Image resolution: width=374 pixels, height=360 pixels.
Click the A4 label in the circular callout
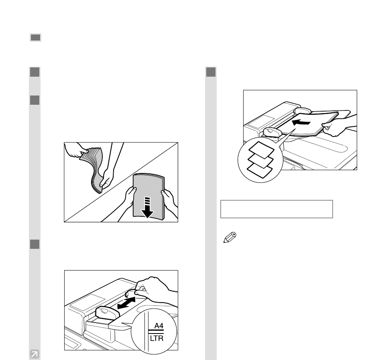(x=159, y=325)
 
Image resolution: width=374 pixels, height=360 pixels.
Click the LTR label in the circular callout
(x=157, y=338)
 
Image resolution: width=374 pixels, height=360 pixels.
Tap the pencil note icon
(x=230, y=237)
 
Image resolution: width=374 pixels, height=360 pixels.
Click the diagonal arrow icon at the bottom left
(x=35, y=354)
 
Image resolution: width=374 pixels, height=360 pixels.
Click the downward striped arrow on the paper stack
(x=147, y=207)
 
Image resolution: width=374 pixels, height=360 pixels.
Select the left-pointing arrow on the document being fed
(x=301, y=122)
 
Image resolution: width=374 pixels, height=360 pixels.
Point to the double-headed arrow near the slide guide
(x=126, y=303)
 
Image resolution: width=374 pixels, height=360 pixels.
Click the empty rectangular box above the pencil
(x=276, y=209)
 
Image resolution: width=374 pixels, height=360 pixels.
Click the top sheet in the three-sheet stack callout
(x=261, y=150)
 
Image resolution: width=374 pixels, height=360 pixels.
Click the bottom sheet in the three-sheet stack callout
(x=260, y=170)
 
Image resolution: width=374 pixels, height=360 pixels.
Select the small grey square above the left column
(x=36, y=37)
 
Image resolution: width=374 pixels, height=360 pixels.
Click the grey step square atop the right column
(x=211, y=72)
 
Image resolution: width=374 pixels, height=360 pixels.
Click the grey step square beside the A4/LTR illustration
(x=35, y=244)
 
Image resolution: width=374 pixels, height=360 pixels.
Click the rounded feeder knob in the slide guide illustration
(x=107, y=313)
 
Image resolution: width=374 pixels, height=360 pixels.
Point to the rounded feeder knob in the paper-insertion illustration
(x=272, y=132)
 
